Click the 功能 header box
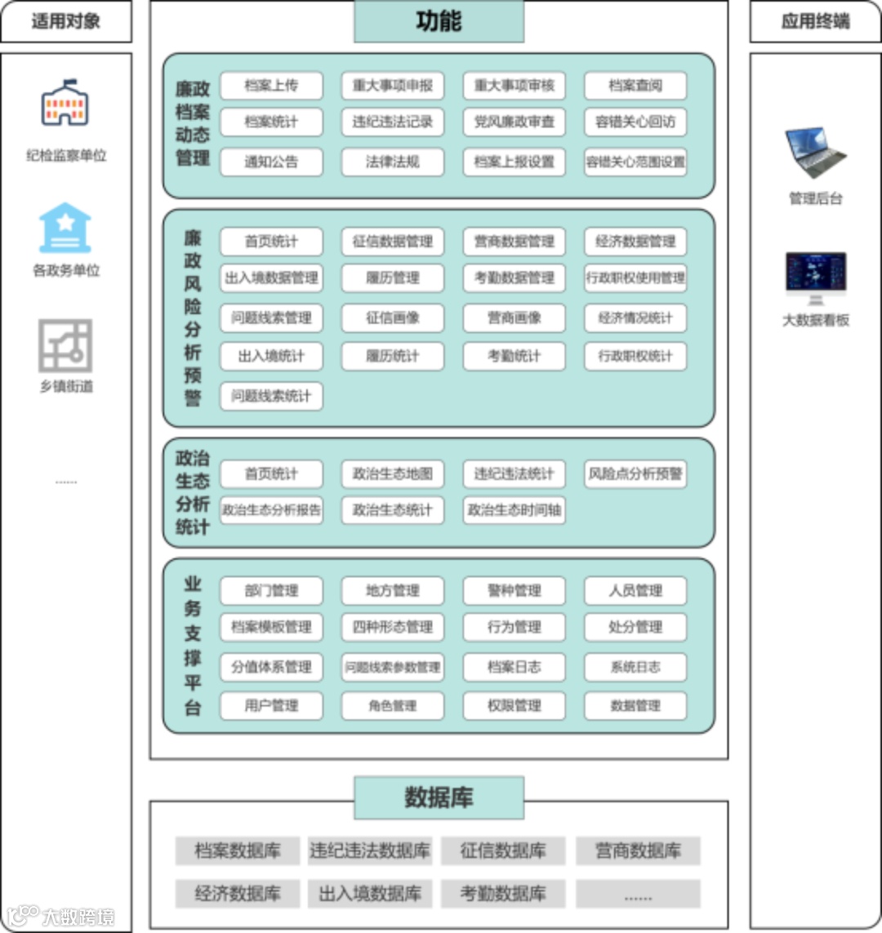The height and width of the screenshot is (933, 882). tap(439, 21)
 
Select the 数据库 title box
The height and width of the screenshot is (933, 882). tap(439, 797)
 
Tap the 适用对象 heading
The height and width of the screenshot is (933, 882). tap(66, 21)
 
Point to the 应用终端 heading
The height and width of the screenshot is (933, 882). tap(815, 21)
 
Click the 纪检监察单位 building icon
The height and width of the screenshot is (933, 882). tap(65, 103)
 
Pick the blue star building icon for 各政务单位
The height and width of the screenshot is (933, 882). tap(65, 228)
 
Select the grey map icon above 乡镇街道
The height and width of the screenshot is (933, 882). tap(65, 345)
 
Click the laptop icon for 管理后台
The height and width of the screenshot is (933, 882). tap(815, 153)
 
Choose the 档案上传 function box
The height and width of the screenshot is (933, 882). tap(271, 86)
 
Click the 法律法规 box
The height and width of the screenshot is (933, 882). tap(392, 162)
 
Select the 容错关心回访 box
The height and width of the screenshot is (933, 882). tap(635, 122)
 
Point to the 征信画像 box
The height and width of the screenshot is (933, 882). tap(392, 318)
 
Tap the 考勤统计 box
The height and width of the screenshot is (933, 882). tap(514, 356)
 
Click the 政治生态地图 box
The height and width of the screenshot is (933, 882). tap(392, 473)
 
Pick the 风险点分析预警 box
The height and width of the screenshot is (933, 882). tap(635, 473)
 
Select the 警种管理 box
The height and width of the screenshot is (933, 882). tap(514, 590)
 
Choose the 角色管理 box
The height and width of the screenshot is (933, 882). tap(392, 705)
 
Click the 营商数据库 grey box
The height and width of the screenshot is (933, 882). tap(638, 851)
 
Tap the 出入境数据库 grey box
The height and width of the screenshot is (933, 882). tap(370, 893)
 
